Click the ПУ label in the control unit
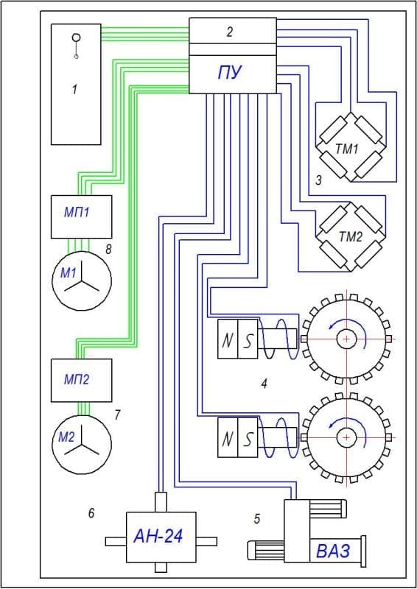coord(230,72)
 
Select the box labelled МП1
coord(81,216)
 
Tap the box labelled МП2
coord(81,380)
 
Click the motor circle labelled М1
coord(82,281)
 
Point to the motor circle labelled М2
coord(82,444)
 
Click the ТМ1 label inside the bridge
coord(346,149)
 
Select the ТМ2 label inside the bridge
coord(351,236)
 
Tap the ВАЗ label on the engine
coord(333,551)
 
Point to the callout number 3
coord(318,180)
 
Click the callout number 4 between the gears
coord(264,384)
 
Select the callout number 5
coord(257,519)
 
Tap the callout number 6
coord(91,512)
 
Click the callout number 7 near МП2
coord(117,415)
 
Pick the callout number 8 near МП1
coord(108,249)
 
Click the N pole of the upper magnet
coord(228,339)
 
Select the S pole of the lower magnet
coord(248,438)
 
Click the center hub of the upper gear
coord(346,339)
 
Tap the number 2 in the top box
coord(230,32)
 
